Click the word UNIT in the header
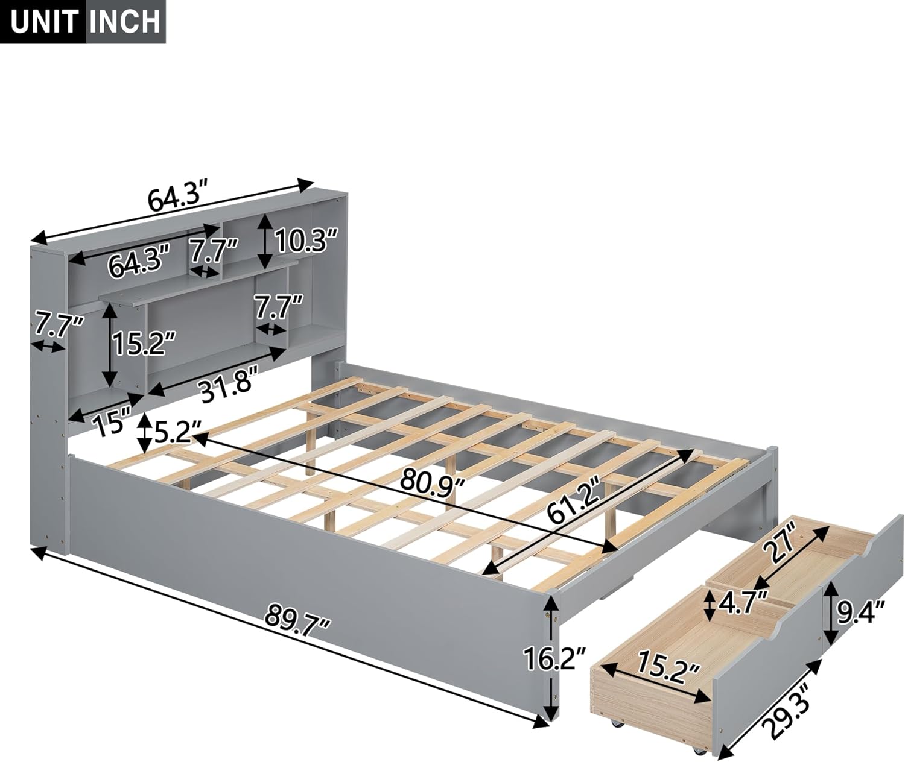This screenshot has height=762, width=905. click(x=44, y=21)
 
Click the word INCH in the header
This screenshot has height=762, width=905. click(x=125, y=21)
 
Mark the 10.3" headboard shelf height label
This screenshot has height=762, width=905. click(x=304, y=242)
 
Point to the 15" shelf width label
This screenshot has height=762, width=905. click(x=110, y=422)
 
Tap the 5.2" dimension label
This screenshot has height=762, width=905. click(x=177, y=433)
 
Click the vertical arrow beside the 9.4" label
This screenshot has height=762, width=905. click(x=831, y=614)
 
